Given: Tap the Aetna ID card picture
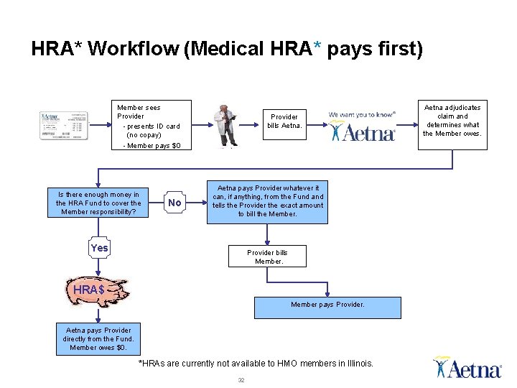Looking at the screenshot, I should click(x=64, y=126).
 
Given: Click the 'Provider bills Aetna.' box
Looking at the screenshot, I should click(x=284, y=121).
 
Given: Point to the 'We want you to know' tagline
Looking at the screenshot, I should click(x=362, y=114).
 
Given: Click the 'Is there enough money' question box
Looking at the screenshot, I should click(x=98, y=203).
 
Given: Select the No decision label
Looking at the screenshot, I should click(x=174, y=203).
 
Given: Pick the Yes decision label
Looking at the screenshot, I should click(x=100, y=248).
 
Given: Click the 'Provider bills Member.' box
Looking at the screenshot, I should click(x=267, y=257).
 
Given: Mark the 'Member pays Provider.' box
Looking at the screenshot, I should click(x=327, y=305).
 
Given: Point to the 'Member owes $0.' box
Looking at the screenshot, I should click(x=98, y=338).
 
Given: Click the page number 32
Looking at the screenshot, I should click(x=241, y=380).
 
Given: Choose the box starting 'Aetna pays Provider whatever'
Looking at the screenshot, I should click(x=267, y=200).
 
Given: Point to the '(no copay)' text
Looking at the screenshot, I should click(x=144, y=135).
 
